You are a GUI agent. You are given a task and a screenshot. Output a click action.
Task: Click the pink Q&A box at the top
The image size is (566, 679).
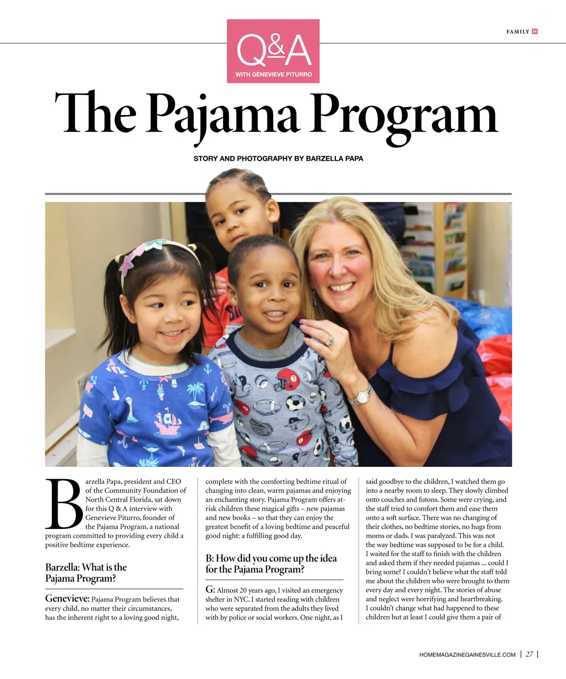point(273,51)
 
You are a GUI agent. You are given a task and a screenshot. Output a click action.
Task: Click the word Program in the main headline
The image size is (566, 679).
point(404,115)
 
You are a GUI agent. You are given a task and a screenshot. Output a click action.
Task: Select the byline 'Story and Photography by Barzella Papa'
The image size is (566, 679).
point(278,158)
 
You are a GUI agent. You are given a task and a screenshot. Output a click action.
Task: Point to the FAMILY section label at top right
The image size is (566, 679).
point(517,32)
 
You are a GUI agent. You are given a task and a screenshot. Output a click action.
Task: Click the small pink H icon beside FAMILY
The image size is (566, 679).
point(534,32)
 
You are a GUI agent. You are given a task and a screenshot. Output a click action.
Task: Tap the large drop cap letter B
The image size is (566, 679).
point(64,504)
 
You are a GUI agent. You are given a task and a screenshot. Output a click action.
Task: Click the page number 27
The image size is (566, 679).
point(530,654)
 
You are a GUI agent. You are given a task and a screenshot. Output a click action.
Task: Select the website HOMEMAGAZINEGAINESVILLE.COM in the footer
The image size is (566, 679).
point(467,654)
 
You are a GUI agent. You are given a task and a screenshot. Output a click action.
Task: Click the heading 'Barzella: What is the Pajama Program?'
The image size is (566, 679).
point(86,572)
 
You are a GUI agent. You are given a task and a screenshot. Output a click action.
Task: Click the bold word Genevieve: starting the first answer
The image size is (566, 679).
point(67,598)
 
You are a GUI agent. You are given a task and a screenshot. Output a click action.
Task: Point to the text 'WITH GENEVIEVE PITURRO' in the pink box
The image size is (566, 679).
point(274,74)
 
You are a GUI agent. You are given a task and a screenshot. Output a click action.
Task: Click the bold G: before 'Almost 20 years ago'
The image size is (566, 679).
point(210,589)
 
